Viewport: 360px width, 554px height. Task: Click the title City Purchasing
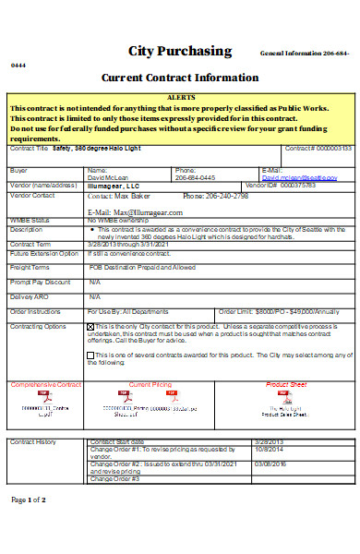coord(180,51)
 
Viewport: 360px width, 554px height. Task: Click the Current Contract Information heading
coord(180,78)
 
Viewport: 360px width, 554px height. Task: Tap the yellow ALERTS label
coord(179,97)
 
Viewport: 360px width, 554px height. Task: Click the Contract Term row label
coord(30,245)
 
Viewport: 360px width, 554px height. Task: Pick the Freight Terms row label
coord(30,268)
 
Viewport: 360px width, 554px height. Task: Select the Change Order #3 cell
coord(114,479)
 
